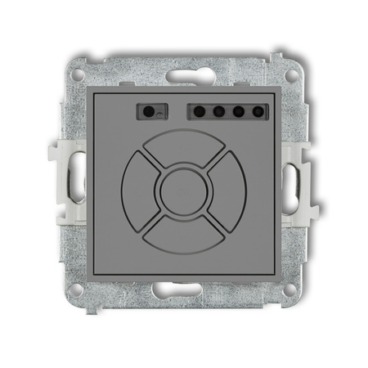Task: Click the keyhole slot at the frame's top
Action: coord(184,76)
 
